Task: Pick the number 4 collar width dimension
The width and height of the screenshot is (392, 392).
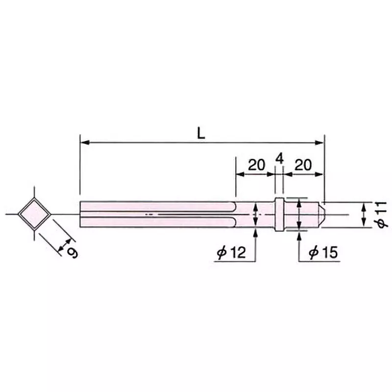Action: [x=279, y=158]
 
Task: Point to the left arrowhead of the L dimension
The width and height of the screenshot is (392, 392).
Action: [x=84, y=143]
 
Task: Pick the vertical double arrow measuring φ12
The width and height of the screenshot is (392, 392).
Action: [x=255, y=216]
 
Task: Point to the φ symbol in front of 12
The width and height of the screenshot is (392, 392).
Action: [x=221, y=253]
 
